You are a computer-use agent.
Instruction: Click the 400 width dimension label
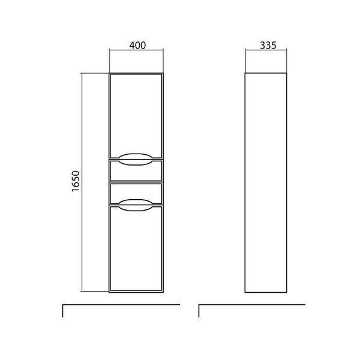[137, 45]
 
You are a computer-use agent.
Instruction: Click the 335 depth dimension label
[268, 45]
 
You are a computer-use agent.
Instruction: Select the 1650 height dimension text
[76, 181]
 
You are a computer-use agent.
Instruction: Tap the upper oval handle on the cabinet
[136, 159]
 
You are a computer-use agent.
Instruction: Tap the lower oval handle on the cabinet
[136, 205]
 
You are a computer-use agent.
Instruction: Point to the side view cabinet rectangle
[245, 183]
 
